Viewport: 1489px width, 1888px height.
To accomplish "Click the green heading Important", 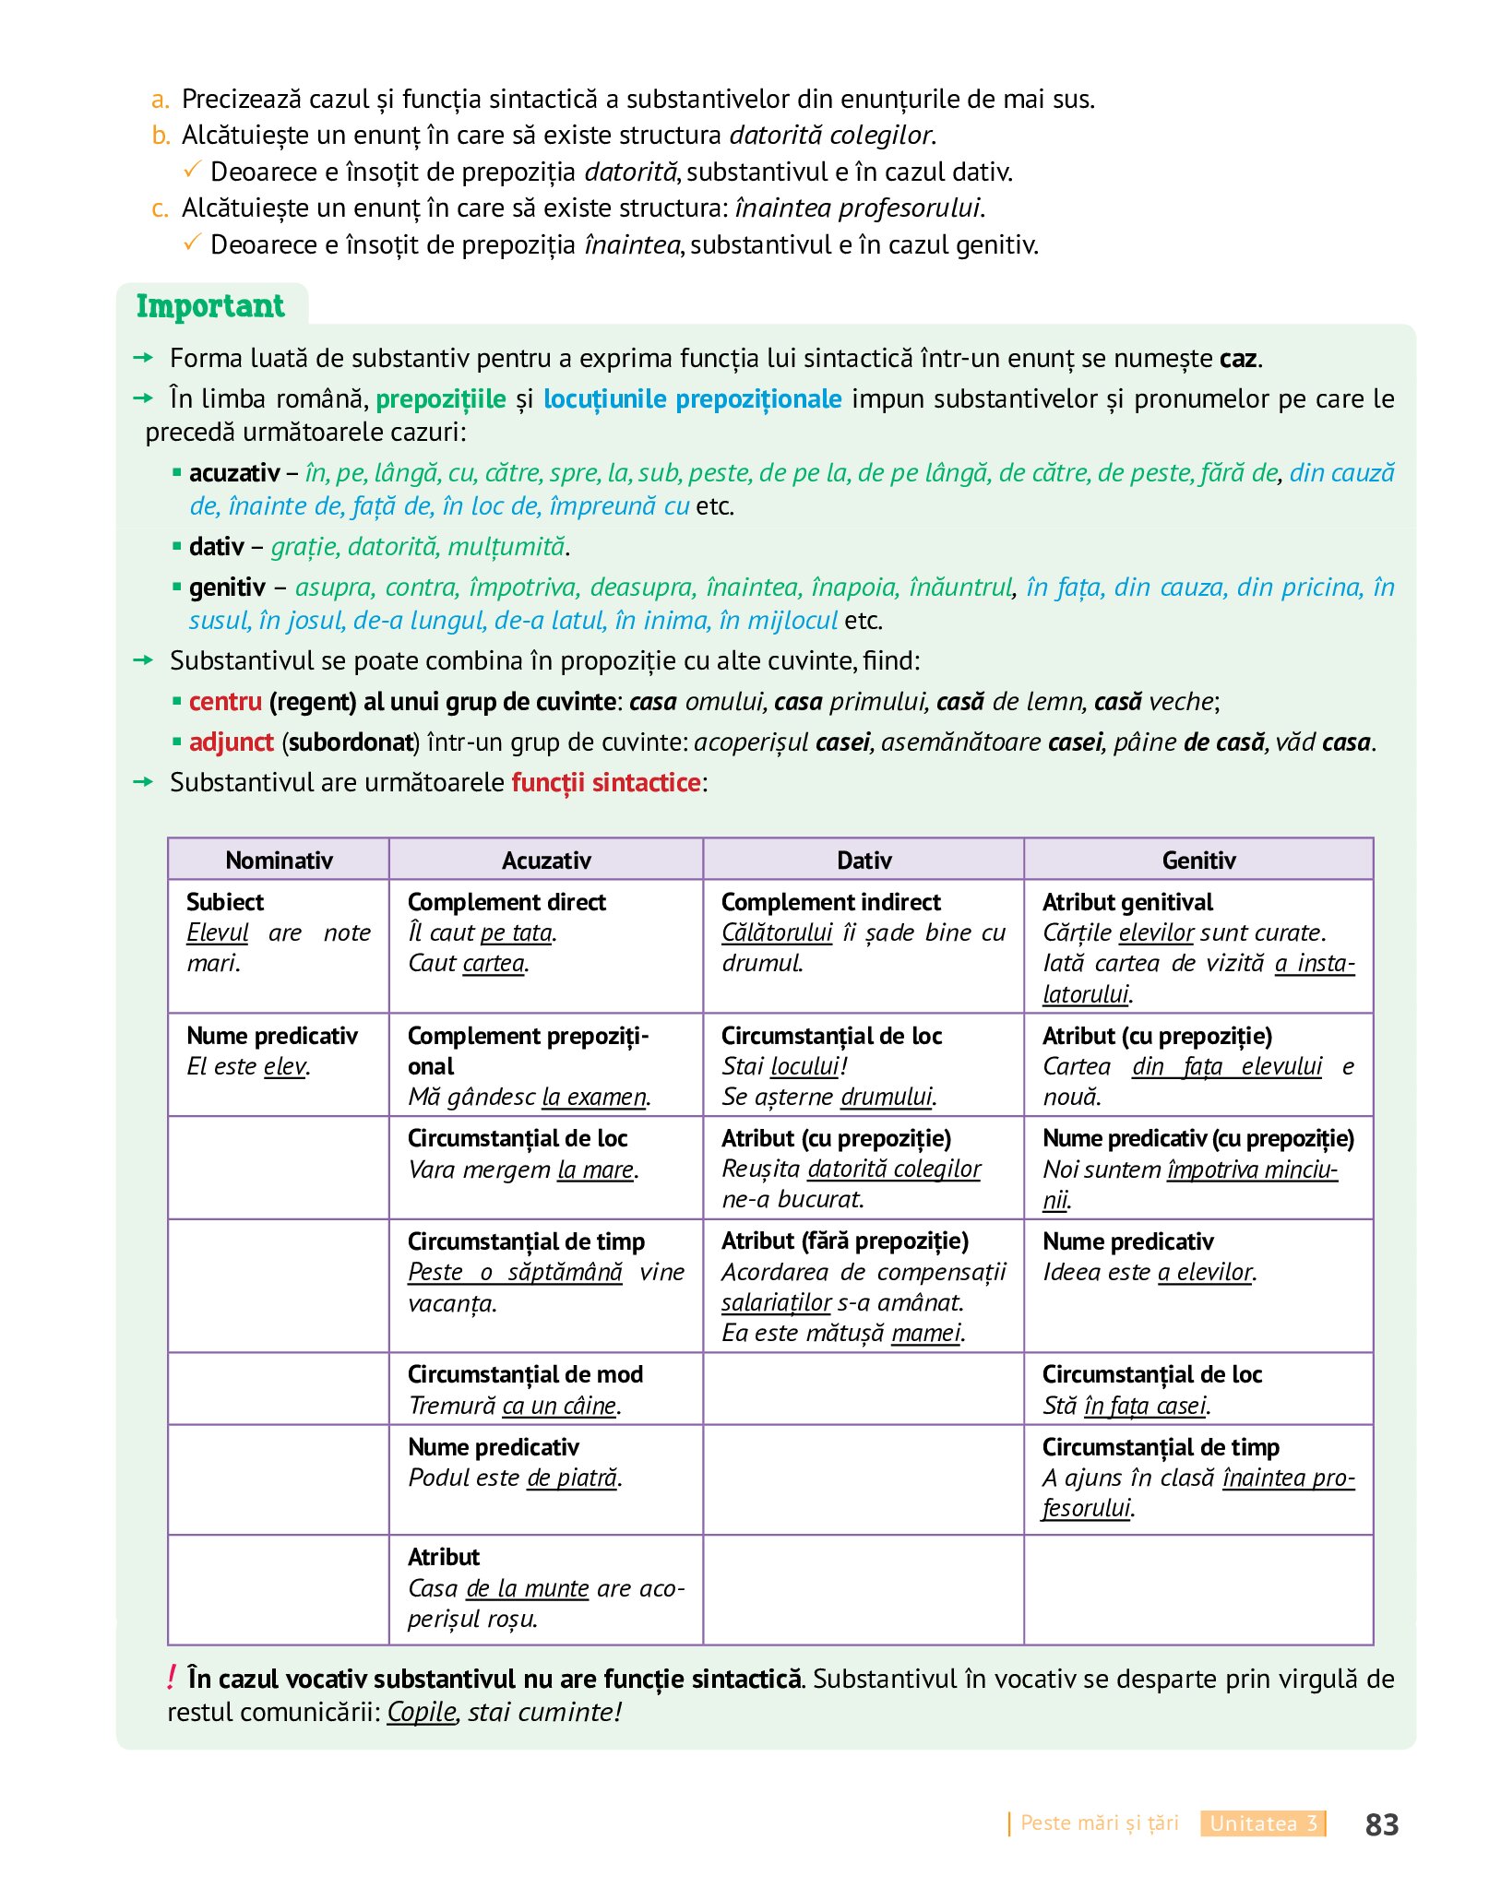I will [210, 306].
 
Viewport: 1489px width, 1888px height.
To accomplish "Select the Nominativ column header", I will [279, 860].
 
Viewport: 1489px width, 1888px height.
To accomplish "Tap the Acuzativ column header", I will [546, 860].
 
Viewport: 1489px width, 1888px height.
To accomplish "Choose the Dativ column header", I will [864, 860].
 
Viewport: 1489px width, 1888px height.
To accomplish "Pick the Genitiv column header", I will [1198, 860].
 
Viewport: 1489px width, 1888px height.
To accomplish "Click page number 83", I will [1381, 1824].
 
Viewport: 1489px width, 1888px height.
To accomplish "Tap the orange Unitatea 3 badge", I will [1263, 1823].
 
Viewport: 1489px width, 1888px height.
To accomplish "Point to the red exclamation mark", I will [172, 1678].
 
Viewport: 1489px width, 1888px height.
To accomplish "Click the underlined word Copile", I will [422, 1712].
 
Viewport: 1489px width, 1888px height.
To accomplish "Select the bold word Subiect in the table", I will [225, 901].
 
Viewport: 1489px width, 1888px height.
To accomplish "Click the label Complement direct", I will [506, 901].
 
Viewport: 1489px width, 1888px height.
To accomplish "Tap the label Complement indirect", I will [830, 901].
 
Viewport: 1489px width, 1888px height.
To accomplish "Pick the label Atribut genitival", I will [1127, 901].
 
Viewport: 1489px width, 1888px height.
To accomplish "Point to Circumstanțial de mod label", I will [525, 1373].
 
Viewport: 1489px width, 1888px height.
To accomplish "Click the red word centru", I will [225, 701].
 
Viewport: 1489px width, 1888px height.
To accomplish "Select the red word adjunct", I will [231, 742].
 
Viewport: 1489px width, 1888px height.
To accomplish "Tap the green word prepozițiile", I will [441, 398].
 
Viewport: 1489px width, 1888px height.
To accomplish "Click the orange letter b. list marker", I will [161, 136].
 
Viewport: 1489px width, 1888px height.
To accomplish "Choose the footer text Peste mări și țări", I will [1100, 1823].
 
